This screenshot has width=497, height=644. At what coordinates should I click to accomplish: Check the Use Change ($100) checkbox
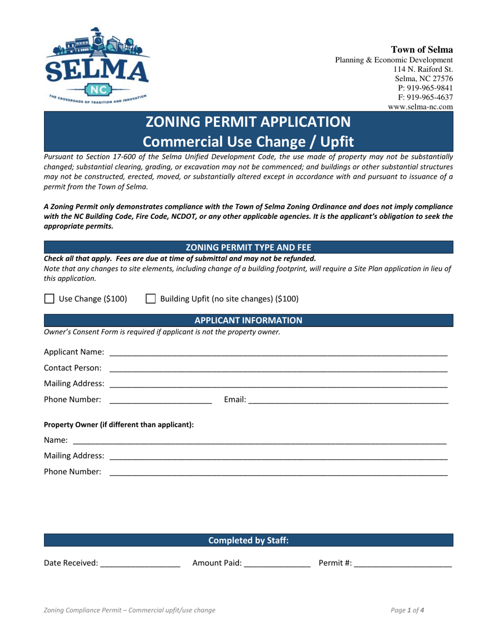click(49, 299)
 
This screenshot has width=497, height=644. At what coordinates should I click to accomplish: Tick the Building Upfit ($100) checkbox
click(150, 299)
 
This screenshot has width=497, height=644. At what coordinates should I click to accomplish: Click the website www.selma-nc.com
click(420, 107)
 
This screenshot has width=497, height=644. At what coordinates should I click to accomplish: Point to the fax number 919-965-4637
click(424, 97)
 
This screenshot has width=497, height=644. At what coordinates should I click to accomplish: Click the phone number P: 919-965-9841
click(424, 88)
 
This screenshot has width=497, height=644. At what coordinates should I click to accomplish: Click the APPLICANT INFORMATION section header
click(249, 320)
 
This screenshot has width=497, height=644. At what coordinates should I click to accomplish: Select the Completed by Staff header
click(249, 540)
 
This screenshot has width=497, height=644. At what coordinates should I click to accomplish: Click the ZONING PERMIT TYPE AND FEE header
click(249, 248)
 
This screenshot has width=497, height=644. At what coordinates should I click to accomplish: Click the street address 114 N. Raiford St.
click(423, 69)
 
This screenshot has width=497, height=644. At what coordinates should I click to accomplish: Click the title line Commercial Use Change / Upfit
click(249, 141)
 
